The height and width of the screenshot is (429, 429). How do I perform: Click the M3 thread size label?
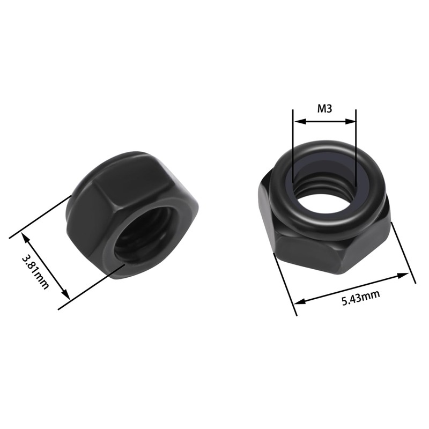click(325, 109)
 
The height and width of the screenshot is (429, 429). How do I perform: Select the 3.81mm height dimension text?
click(35, 271)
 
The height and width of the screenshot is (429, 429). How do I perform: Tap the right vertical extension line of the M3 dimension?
click(356, 145)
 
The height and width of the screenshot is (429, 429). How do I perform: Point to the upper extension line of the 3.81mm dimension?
click(43, 214)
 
